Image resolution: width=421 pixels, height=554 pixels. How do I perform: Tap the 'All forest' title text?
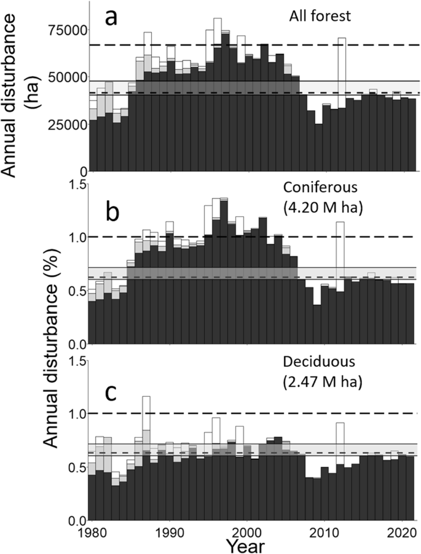click(320, 16)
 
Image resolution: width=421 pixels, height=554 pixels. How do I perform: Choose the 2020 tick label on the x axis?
click(401, 531)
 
